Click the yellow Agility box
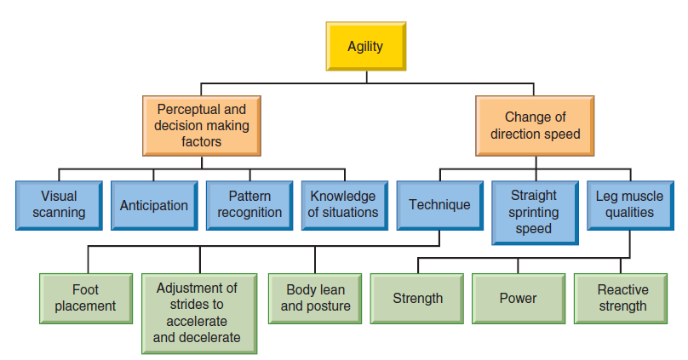tap(366, 46)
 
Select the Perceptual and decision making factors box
tap(202, 126)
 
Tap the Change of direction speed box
tap(535, 126)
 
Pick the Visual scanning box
tap(60, 205)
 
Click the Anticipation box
tap(154, 205)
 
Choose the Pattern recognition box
tap(249, 205)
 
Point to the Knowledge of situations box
tap(345, 205)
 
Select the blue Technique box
tap(440, 205)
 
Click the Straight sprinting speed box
tap(536, 213)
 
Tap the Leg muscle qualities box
tap(630, 205)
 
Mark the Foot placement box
tap(86, 299)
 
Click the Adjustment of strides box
tap(199, 313)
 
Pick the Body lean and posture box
tap(315, 299)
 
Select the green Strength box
tap(417, 299)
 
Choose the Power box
tap(519, 299)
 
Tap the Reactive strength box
tap(621, 299)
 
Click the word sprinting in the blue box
tap(534, 213)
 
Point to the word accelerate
tap(197, 321)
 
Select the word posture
tap(329, 306)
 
